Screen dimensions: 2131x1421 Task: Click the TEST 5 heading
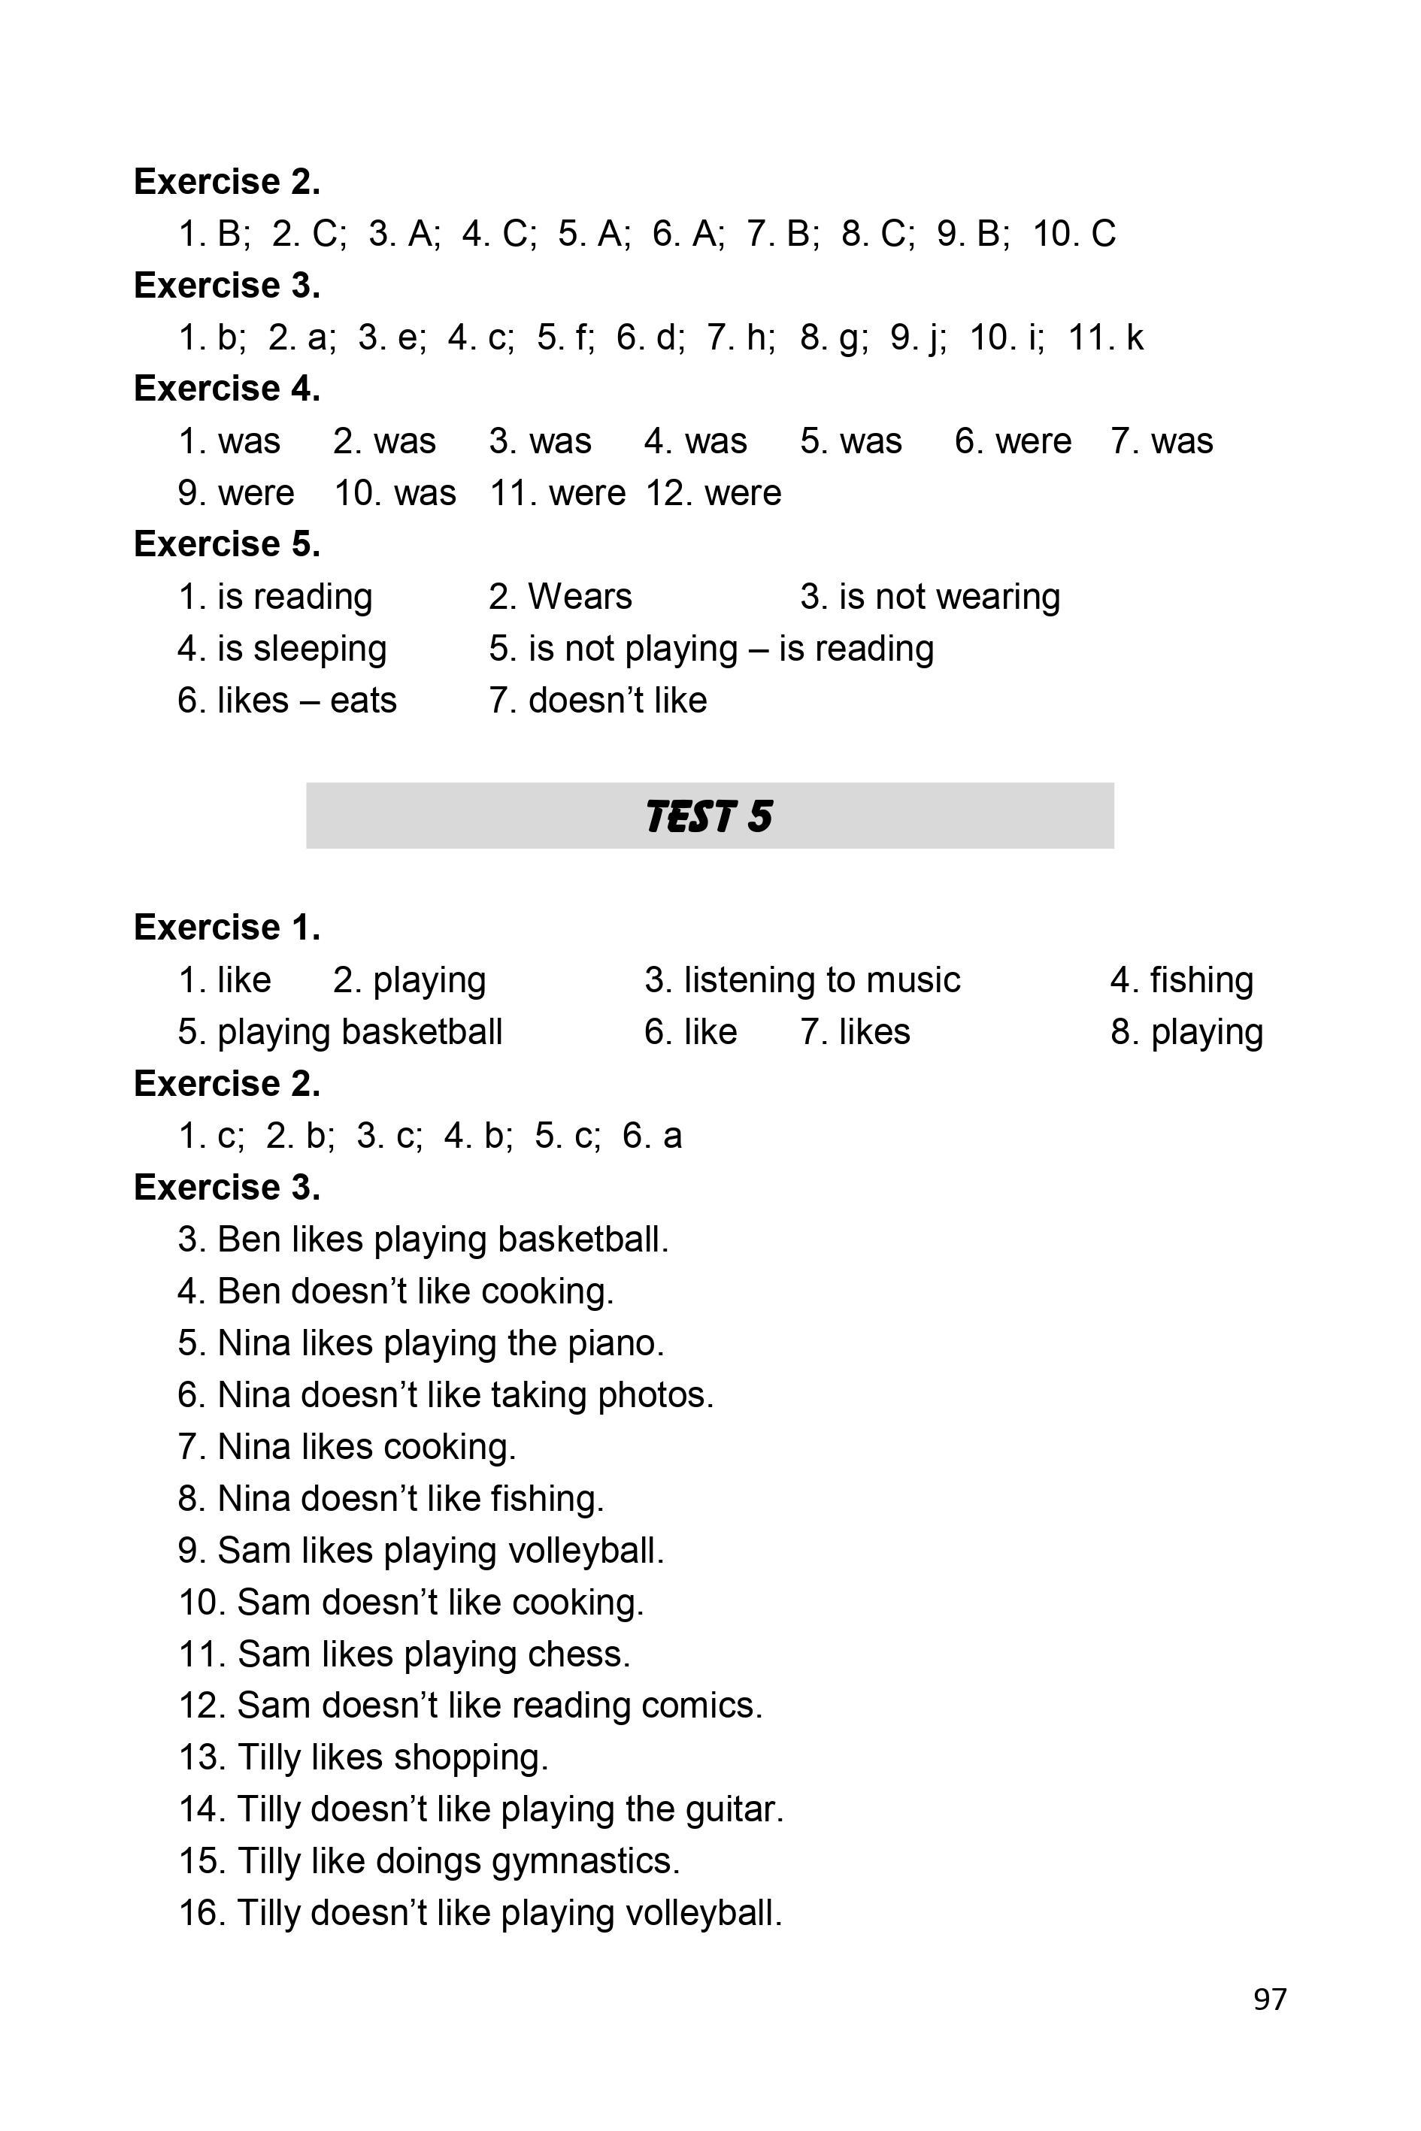click(x=710, y=816)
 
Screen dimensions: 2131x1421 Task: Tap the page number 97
click(x=1269, y=1999)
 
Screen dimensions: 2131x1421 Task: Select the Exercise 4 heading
click(x=226, y=389)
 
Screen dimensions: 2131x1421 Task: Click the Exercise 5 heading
click(x=226, y=544)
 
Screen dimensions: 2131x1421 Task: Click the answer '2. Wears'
click(x=560, y=597)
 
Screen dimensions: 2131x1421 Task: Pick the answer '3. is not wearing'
click(x=930, y=597)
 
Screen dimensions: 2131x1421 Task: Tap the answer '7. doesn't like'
click(x=598, y=701)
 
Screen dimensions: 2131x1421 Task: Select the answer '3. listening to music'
click(x=802, y=980)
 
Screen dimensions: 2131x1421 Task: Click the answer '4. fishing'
click(x=1182, y=980)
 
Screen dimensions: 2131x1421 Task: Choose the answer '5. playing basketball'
click(x=340, y=1032)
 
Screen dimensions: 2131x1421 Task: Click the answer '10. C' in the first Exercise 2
click(x=1074, y=234)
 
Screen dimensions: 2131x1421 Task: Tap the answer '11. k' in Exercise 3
click(x=1106, y=338)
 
